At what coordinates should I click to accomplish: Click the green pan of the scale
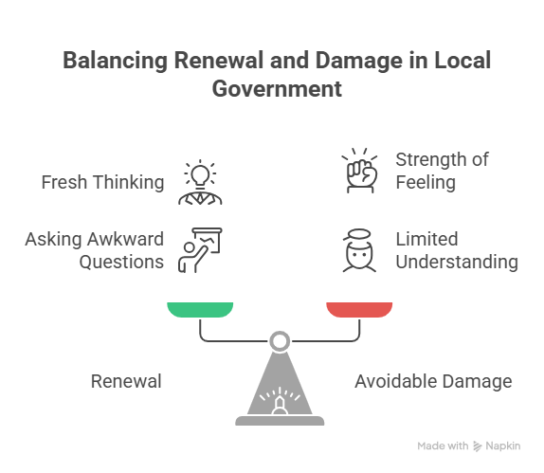200,310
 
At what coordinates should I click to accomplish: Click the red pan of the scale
359,310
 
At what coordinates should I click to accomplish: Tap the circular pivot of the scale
280,341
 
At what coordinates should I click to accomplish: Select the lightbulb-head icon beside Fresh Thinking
200,182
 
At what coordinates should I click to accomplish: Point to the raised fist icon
360,171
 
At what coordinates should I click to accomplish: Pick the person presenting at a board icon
200,250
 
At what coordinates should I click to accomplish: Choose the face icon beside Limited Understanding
359,250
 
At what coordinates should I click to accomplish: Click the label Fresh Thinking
102,182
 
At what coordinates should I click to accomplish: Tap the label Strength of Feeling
442,171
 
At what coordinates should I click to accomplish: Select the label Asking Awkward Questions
95,250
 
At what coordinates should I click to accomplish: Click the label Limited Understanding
457,250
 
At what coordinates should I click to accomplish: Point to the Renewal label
126,381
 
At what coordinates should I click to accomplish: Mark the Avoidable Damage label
433,381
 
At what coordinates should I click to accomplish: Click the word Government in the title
277,89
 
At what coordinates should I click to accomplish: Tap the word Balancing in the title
116,61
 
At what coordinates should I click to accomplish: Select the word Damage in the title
359,61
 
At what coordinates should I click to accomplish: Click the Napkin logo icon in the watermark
478,446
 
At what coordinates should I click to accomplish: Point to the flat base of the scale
280,421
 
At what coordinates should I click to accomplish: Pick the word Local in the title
462,61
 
